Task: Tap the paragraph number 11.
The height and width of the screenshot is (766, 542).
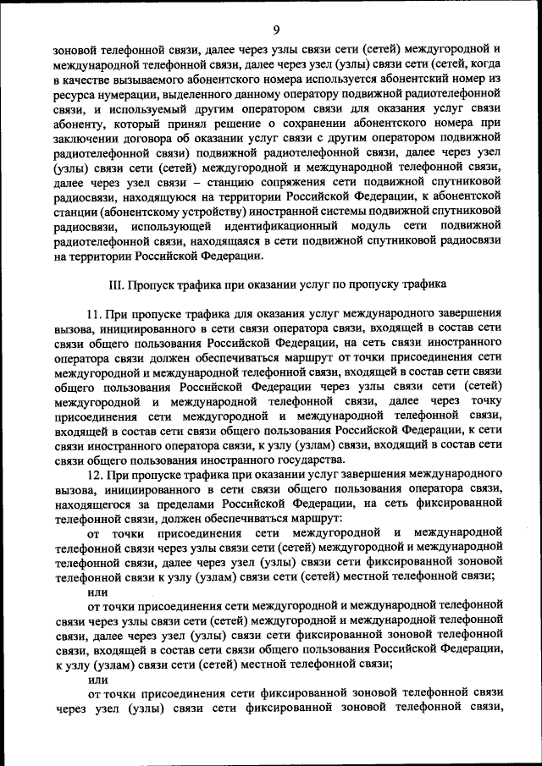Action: (95, 314)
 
